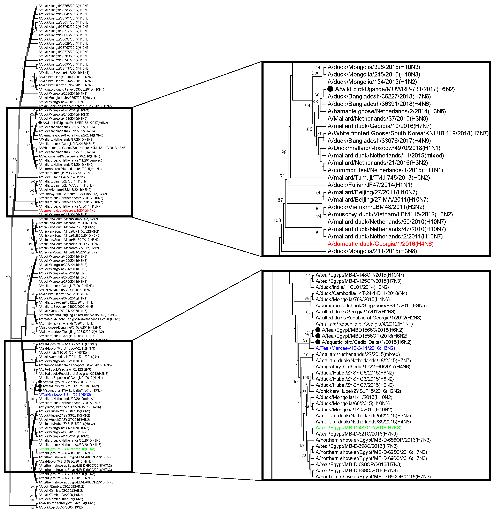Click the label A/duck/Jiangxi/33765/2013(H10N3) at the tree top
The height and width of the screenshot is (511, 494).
(64, 6)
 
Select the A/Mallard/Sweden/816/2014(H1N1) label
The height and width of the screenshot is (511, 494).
(64, 73)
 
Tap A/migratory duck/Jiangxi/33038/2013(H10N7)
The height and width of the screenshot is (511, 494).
(71, 89)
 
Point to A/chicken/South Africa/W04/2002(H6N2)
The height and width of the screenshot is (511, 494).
(68, 219)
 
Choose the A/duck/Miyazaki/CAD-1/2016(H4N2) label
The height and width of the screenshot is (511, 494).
(65, 290)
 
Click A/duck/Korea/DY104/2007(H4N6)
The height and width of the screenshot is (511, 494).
(63, 311)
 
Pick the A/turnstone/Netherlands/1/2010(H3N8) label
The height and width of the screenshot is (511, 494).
(66, 323)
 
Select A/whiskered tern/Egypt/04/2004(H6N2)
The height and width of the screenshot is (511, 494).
(67, 503)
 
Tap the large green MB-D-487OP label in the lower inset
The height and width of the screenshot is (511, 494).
(358, 428)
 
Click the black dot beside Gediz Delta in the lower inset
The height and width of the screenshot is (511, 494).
(318, 342)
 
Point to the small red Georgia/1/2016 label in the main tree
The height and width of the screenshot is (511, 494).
(67, 210)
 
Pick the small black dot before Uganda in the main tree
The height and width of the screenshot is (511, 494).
(40, 123)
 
